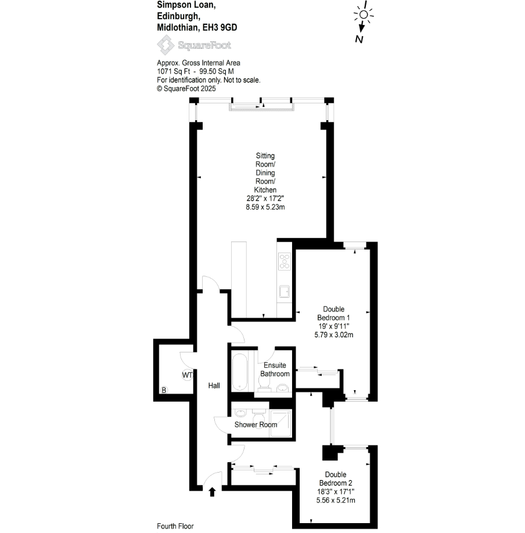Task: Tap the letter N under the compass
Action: click(360, 39)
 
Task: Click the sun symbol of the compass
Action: click(364, 15)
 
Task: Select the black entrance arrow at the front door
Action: click(212, 492)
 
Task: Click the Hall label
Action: click(214, 385)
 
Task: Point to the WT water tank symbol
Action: click(187, 375)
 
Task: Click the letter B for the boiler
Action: click(164, 390)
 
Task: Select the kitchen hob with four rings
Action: click(285, 262)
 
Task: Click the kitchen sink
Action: click(284, 291)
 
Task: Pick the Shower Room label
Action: click(256, 424)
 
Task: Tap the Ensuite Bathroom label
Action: click(275, 370)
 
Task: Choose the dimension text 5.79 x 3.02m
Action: click(333, 335)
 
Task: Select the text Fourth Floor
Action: click(175, 526)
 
